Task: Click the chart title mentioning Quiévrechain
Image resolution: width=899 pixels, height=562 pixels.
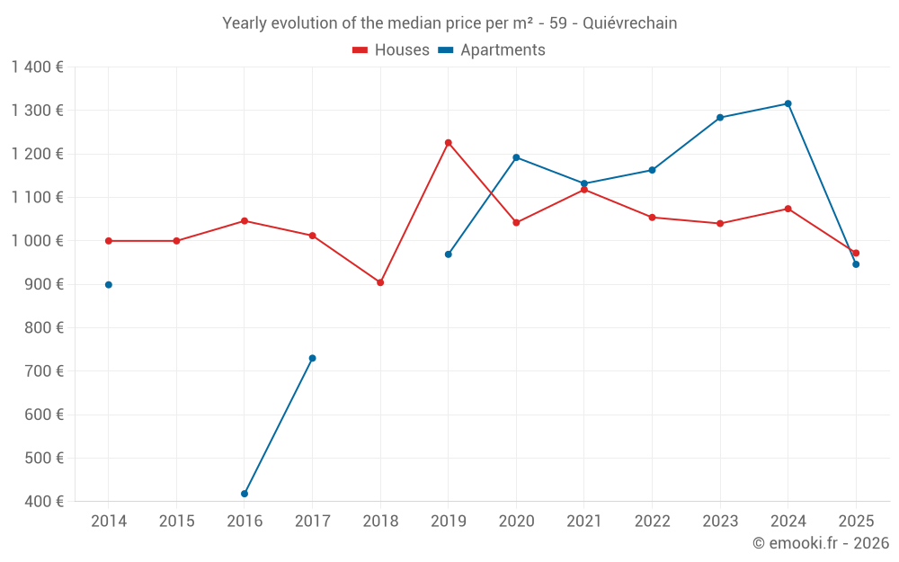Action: click(449, 23)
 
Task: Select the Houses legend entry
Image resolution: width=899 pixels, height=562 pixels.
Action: click(391, 50)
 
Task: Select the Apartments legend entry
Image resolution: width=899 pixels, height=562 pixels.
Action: click(492, 50)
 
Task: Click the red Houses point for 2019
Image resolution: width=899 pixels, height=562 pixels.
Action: click(448, 143)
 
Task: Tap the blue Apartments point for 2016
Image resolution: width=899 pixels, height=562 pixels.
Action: click(245, 494)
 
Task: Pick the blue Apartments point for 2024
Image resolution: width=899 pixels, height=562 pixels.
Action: click(788, 103)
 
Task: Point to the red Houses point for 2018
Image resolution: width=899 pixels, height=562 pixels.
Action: click(380, 282)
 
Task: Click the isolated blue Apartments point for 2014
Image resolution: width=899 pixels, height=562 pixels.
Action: click(109, 285)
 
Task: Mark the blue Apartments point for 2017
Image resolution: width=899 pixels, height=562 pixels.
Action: click(312, 358)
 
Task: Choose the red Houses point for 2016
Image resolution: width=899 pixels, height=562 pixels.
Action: click(245, 221)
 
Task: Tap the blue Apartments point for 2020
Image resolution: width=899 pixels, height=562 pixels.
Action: click(516, 157)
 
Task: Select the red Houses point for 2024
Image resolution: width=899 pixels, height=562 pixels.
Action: click(788, 209)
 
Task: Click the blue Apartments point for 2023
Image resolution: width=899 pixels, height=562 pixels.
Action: click(720, 118)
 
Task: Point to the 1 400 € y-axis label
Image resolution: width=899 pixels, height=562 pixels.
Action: click(37, 67)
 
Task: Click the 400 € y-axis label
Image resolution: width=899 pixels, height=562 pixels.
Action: click(42, 502)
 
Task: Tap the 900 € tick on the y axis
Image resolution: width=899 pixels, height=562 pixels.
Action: click(42, 284)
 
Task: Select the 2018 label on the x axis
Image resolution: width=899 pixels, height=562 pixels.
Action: click(380, 522)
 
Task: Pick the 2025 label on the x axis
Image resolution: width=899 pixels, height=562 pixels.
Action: click(856, 522)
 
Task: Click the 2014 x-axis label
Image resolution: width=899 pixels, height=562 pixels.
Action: click(109, 522)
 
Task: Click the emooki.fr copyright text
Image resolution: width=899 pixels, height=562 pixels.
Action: click(820, 543)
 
